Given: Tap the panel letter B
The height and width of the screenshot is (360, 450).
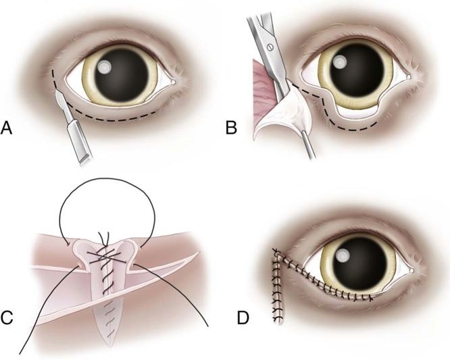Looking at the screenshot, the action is point(232,126).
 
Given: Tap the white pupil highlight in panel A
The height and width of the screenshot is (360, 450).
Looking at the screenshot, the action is point(107,68).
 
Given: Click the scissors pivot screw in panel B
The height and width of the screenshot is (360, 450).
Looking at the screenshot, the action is point(270,47).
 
